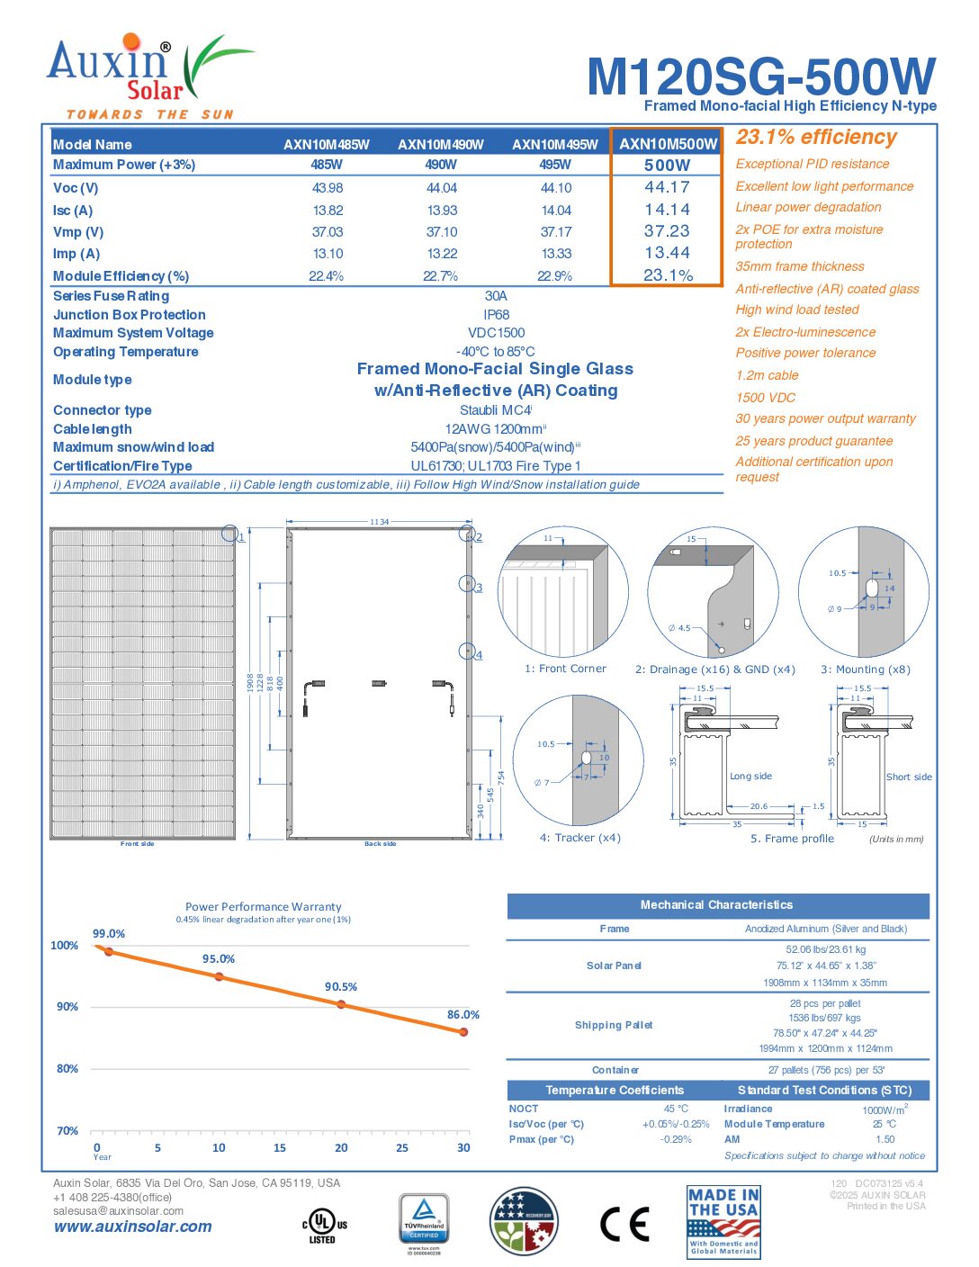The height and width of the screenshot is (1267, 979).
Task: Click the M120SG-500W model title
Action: pyautogui.click(x=760, y=76)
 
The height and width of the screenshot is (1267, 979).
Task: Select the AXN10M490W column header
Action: pyautogui.click(x=441, y=145)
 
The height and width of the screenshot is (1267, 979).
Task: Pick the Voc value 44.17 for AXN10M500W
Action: pyautogui.click(x=667, y=187)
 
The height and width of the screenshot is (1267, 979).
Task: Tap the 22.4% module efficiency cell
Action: pyautogui.click(x=326, y=276)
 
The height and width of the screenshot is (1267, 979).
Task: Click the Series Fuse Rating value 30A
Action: pyautogui.click(x=496, y=296)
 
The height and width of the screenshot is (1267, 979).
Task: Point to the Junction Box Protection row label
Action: pyautogui.click(x=130, y=315)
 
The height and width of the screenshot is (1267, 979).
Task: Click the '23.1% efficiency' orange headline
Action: pyautogui.click(x=816, y=137)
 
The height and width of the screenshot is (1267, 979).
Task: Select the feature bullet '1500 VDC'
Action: pyautogui.click(x=766, y=398)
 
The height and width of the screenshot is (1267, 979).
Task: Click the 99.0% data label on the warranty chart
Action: pyautogui.click(x=109, y=934)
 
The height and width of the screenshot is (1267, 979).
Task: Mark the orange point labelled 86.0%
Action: pyautogui.click(x=463, y=1032)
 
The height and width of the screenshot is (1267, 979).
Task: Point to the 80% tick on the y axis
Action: pyautogui.click(x=67, y=1069)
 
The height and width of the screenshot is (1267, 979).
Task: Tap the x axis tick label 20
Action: pyautogui.click(x=341, y=1148)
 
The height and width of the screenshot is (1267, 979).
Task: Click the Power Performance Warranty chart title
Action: pyautogui.click(x=264, y=907)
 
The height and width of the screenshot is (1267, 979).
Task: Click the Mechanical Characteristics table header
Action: pyautogui.click(x=717, y=905)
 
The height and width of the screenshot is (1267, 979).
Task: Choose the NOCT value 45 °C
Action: pyautogui.click(x=676, y=1110)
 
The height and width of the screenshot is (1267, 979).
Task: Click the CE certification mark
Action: pyautogui.click(x=624, y=1224)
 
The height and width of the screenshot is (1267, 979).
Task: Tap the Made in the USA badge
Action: pyautogui.click(x=723, y=1221)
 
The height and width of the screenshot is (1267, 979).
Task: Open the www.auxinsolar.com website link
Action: pyautogui.click(x=133, y=1227)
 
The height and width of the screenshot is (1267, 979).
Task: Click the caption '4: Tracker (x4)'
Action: pyautogui.click(x=580, y=838)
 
